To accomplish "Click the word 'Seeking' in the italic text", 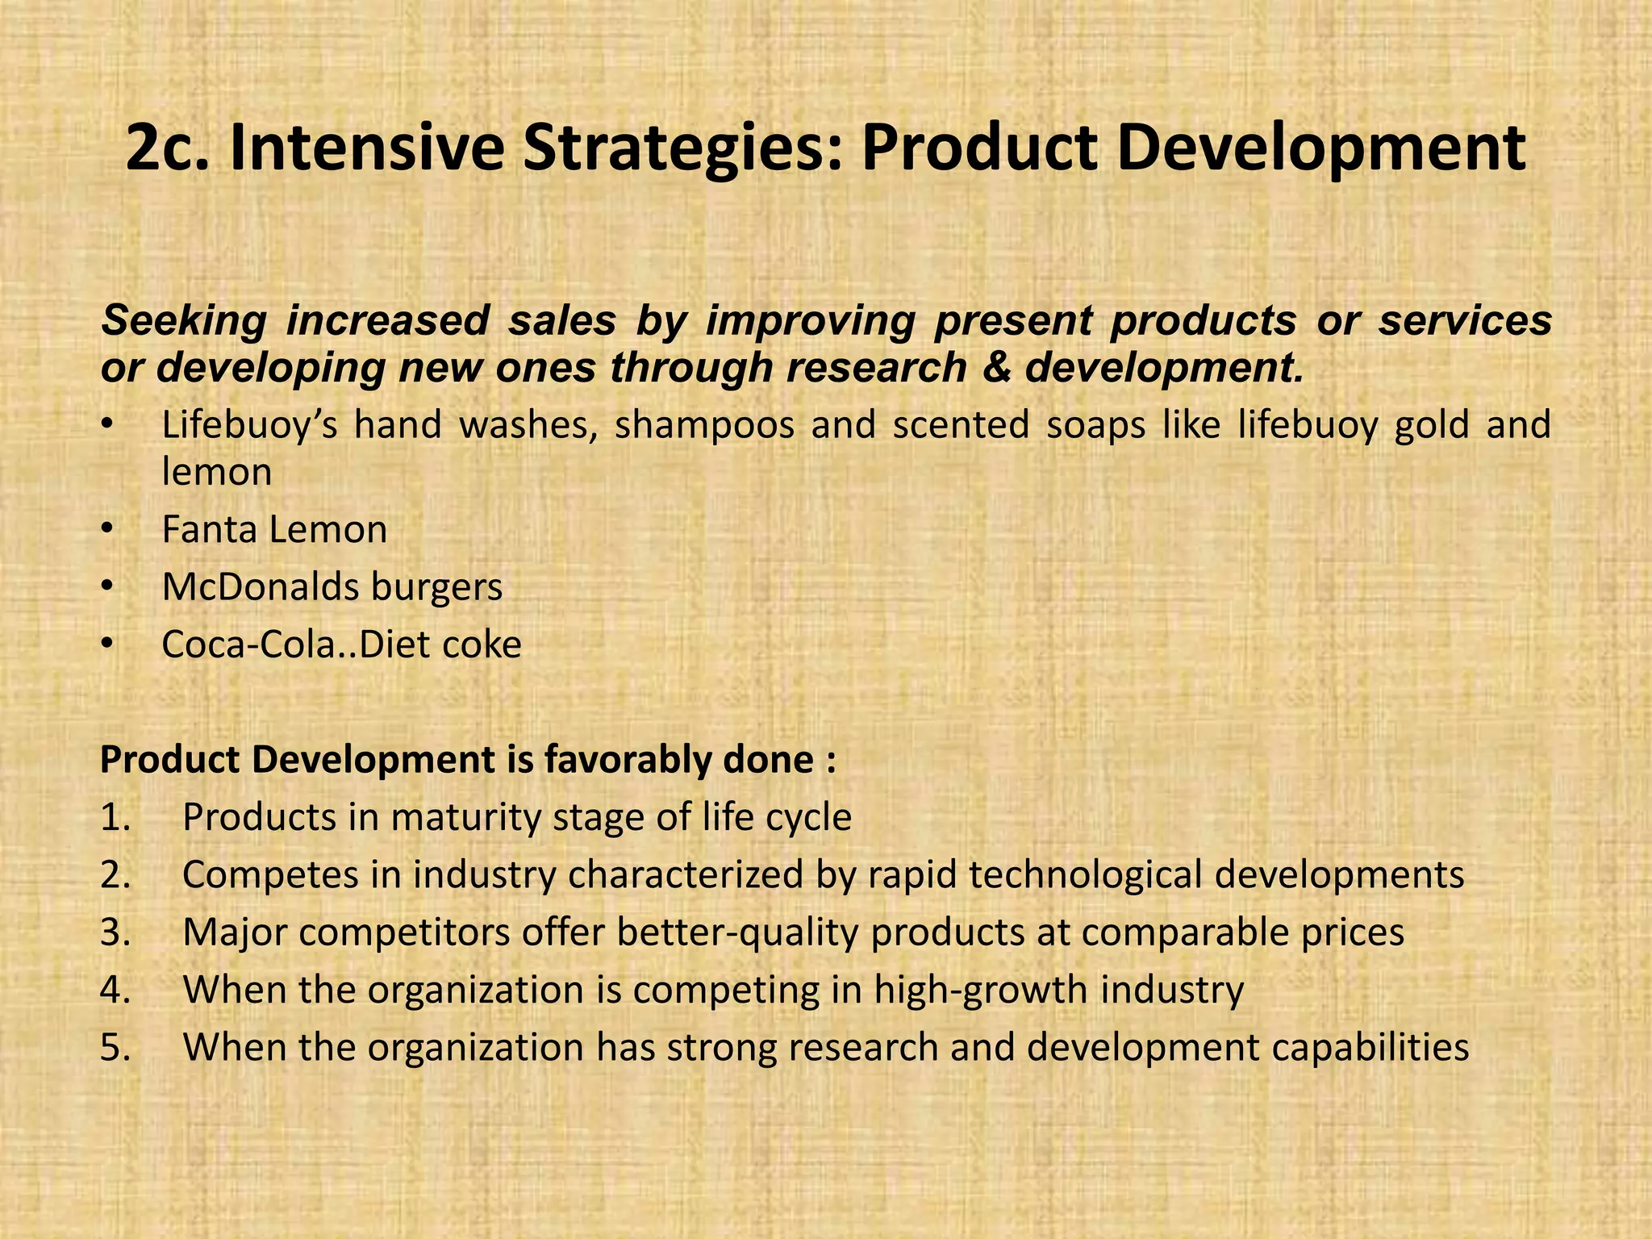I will click(183, 320).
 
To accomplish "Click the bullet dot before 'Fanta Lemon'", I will click(108, 530).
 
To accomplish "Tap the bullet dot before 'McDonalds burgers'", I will click(108, 587).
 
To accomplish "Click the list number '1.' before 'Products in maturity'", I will click(115, 818).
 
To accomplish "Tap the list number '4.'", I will click(115, 991).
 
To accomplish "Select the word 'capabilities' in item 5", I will click(1370, 1048).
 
